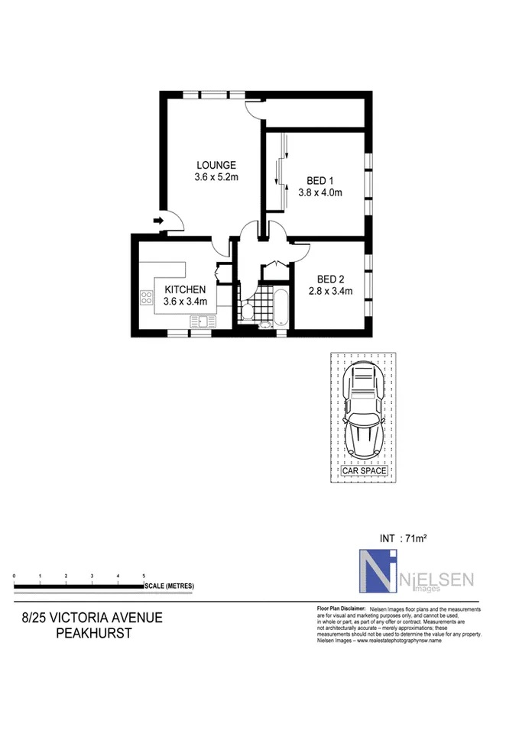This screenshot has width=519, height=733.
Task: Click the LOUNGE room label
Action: tap(216, 165)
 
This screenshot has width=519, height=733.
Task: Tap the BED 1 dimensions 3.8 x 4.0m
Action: tap(320, 192)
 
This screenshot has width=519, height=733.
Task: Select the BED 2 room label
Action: tap(330, 279)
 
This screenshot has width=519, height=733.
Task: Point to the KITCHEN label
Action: tap(185, 290)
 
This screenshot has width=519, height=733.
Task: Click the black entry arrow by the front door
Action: tap(159, 221)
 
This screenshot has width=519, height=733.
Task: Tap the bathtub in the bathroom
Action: tap(281, 307)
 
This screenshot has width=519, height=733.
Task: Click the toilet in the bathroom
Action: tap(247, 310)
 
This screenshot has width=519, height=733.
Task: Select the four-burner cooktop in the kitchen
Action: tap(147, 298)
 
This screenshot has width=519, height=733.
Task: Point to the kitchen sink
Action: tap(203, 321)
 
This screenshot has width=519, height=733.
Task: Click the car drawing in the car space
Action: tap(364, 410)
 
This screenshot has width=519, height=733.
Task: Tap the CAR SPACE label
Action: tap(364, 471)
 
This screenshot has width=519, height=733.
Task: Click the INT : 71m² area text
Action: tap(403, 538)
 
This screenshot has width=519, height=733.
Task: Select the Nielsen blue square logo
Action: tap(378, 571)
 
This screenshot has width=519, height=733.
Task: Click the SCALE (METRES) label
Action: tap(170, 586)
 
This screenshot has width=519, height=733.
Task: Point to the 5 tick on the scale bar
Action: tap(144, 576)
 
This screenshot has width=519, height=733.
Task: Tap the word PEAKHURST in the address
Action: tap(93, 634)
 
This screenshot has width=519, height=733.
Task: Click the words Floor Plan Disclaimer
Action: tap(341, 609)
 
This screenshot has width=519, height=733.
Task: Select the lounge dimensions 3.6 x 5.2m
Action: tap(216, 177)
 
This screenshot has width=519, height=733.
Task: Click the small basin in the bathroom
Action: tap(265, 325)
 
